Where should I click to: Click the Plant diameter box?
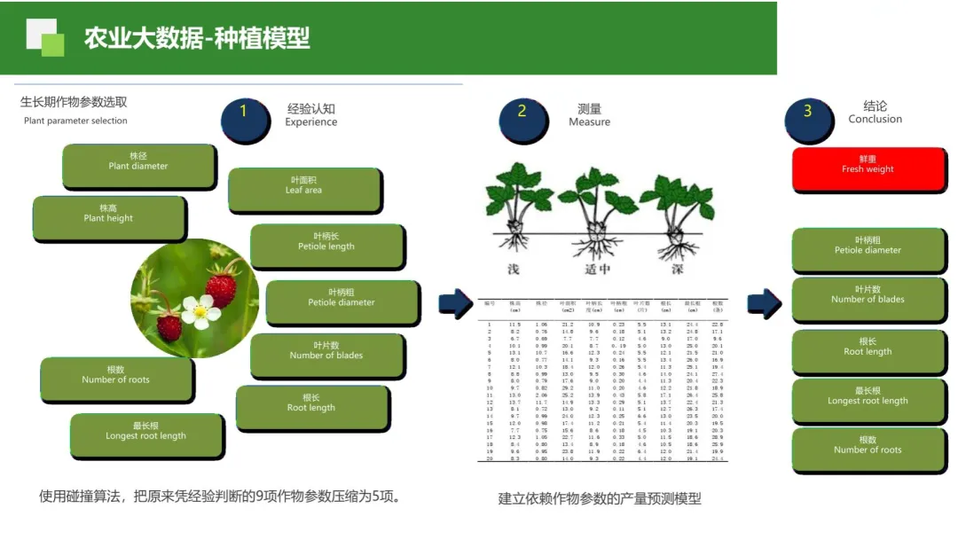click(x=138, y=166)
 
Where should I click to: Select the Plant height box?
click(x=109, y=218)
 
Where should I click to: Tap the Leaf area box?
click(x=304, y=190)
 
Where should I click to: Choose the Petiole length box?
click(x=326, y=246)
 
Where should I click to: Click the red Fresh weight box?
click(x=868, y=168)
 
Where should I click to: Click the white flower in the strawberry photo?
click(x=200, y=310)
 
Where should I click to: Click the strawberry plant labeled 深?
click(x=678, y=213)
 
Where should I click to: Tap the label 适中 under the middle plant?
click(x=596, y=269)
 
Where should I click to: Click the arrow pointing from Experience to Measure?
click(x=456, y=303)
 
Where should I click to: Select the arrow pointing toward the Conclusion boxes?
click(x=762, y=303)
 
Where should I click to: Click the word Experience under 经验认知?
click(x=311, y=122)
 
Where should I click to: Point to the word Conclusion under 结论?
click(x=875, y=119)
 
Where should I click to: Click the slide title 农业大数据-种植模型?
click(x=197, y=38)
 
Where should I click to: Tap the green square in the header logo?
click(x=53, y=44)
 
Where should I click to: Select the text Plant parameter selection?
click(x=75, y=121)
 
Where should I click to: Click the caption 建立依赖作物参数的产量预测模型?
click(x=600, y=498)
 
